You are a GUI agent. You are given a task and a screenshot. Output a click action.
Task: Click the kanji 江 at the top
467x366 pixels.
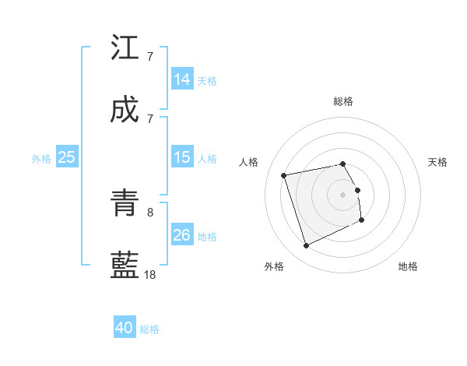click(125, 48)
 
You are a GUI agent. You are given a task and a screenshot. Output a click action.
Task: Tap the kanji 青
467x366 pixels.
click(125, 204)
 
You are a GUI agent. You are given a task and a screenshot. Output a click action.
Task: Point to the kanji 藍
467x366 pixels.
click(125, 266)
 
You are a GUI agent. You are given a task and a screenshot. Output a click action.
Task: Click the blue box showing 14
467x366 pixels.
click(182, 79)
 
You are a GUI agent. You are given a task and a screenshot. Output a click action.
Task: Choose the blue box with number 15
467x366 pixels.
click(182, 157)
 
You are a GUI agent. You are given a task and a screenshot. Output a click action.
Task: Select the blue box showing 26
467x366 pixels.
click(182, 235)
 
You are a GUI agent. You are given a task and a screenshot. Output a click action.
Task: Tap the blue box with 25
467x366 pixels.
click(67, 157)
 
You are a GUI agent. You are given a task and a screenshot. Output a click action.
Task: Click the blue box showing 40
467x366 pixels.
click(125, 328)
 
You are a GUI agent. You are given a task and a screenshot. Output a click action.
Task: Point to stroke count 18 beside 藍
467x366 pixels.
click(150, 274)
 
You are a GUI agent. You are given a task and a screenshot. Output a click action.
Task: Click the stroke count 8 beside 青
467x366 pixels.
click(150, 212)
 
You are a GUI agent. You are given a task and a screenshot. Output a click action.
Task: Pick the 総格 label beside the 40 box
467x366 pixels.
click(149, 329)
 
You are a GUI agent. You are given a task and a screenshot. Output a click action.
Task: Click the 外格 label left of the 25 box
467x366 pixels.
click(41, 158)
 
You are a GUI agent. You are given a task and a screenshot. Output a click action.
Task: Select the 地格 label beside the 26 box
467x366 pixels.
click(208, 236)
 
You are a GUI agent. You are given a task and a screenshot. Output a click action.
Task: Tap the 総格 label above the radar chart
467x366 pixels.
click(343, 101)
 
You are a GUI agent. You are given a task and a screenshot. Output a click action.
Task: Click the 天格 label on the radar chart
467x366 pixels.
click(438, 162)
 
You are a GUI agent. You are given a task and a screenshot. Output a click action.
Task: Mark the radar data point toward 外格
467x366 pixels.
click(306, 246)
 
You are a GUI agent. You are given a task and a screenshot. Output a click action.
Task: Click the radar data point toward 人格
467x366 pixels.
click(284, 175)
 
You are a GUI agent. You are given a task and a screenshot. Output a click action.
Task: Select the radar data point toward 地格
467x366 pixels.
click(362, 220)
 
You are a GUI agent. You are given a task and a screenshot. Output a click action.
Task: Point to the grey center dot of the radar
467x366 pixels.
click(343, 195)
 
